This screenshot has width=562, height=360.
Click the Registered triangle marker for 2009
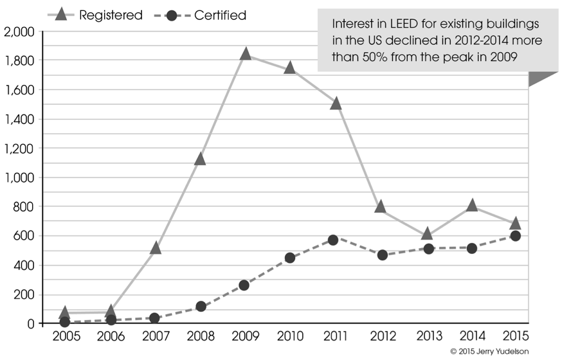click(x=246, y=54)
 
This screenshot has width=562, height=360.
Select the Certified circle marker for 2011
click(x=333, y=240)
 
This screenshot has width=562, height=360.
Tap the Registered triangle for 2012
click(x=380, y=207)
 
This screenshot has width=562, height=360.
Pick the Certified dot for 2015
click(x=516, y=236)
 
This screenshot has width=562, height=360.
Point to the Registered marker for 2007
click(x=155, y=248)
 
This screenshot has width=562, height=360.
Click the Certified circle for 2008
click(x=201, y=306)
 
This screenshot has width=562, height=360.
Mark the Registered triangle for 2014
click(x=472, y=205)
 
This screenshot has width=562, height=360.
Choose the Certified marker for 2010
click(x=289, y=258)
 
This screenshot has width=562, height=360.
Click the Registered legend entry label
click(x=111, y=15)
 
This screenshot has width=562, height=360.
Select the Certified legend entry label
click(x=220, y=15)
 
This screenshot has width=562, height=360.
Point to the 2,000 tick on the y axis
click(x=19, y=32)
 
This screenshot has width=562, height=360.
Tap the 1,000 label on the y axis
click(x=19, y=177)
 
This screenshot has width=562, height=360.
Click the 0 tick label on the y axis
click(x=31, y=324)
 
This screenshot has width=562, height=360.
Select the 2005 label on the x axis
click(x=66, y=336)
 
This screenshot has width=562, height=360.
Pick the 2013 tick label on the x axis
click(x=430, y=336)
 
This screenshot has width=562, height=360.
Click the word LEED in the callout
click(x=404, y=24)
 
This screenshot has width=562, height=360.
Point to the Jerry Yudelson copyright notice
click(x=489, y=352)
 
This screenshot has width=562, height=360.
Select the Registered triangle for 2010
click(x=289, y=67)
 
